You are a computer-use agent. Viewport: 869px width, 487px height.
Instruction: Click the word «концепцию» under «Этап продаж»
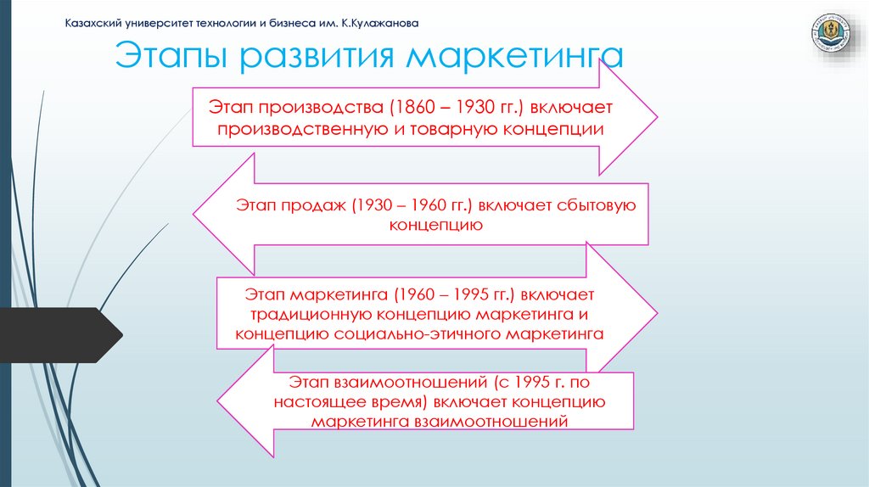tap(436, 226)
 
